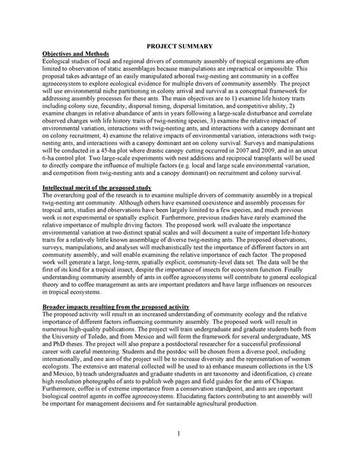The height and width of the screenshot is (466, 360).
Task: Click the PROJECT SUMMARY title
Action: pyautogui.click(x=179, y=46)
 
